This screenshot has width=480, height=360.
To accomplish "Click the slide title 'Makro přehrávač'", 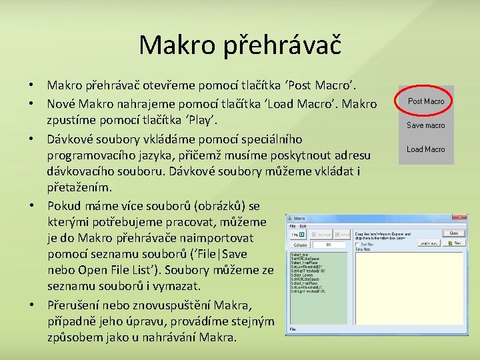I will tap(239, 45).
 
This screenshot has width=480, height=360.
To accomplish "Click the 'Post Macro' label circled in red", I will tap(425, 101).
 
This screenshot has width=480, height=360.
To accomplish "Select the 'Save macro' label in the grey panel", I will tap(425, 125).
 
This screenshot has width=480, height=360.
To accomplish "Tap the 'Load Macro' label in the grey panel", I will tap(425, 149).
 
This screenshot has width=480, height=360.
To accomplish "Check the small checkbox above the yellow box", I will tap(358, 244).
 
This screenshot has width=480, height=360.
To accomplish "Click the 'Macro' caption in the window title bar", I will tap(299, 218).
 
